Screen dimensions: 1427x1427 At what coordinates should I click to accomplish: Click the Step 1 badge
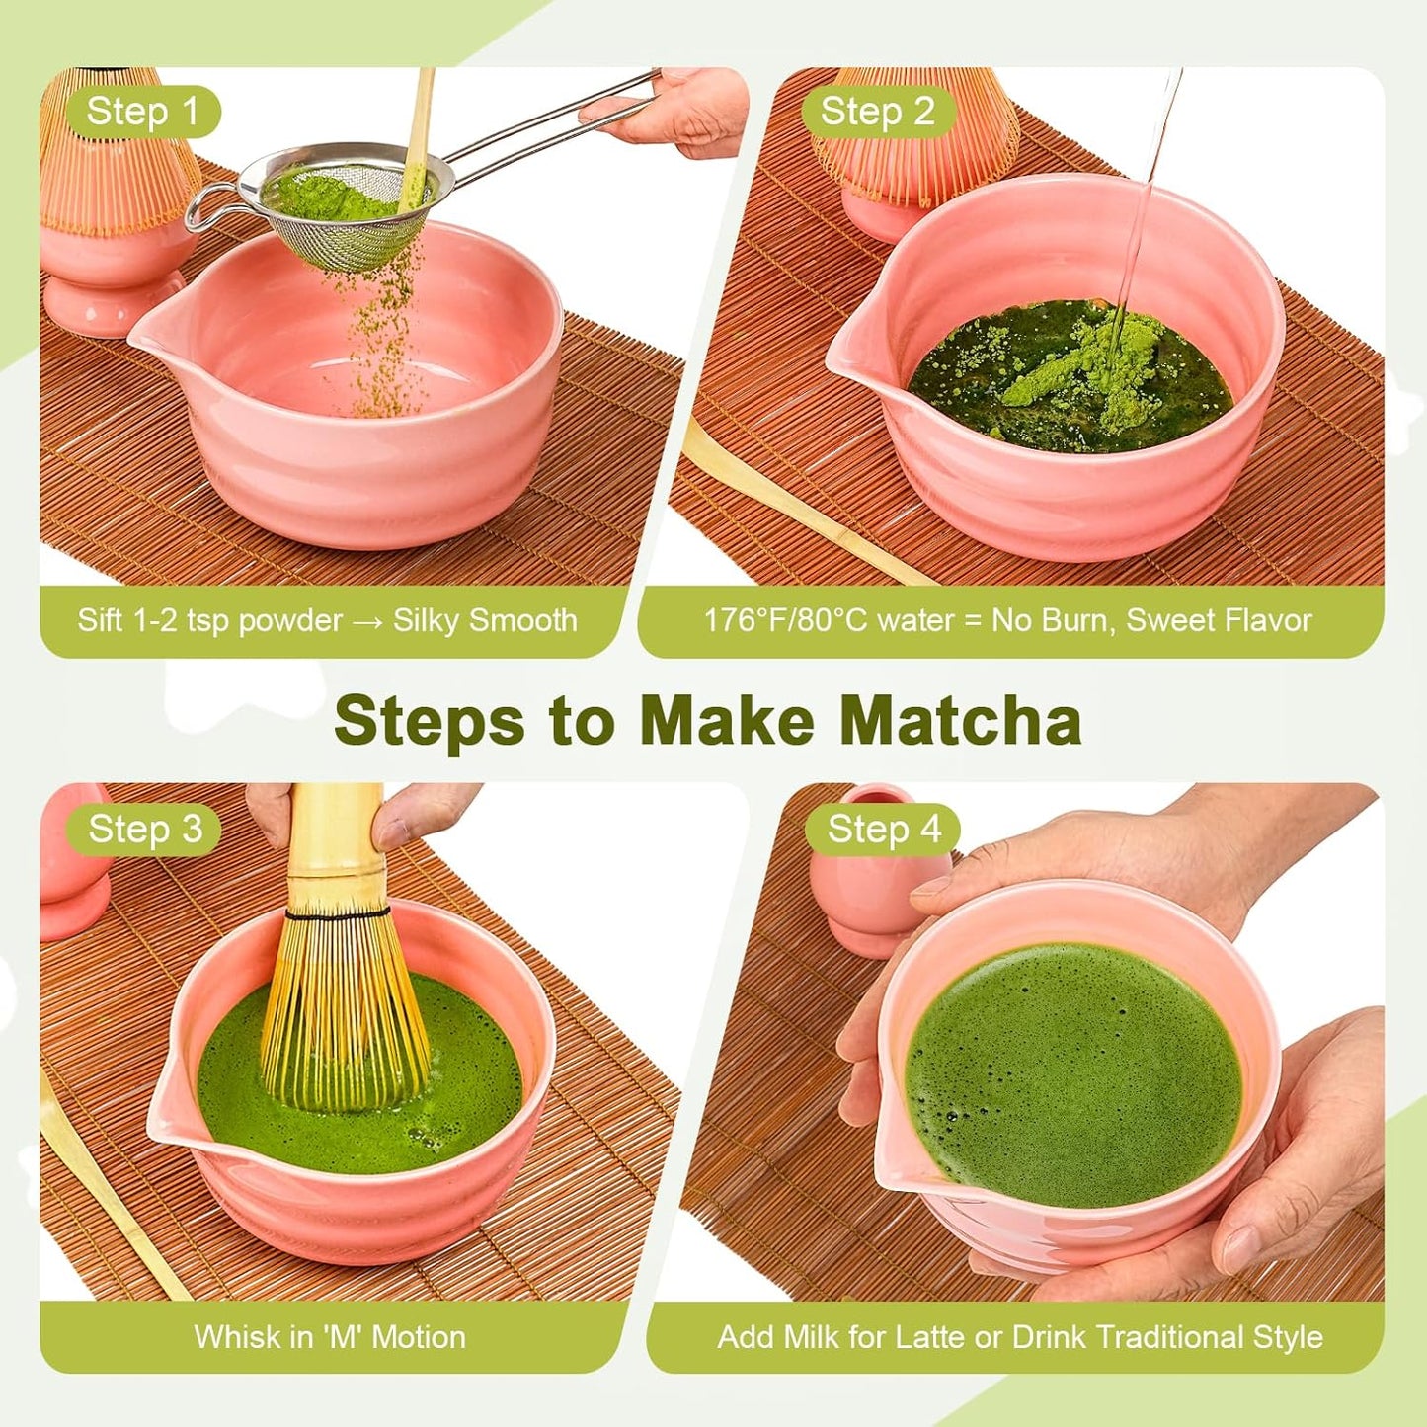coord(142,112)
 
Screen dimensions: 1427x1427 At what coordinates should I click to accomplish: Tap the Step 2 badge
coord(877,112)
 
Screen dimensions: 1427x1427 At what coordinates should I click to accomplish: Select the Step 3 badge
coord(144,829)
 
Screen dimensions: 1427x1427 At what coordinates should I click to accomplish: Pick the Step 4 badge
coord(884,829)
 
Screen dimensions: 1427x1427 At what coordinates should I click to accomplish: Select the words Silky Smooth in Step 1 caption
coord(485,620)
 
